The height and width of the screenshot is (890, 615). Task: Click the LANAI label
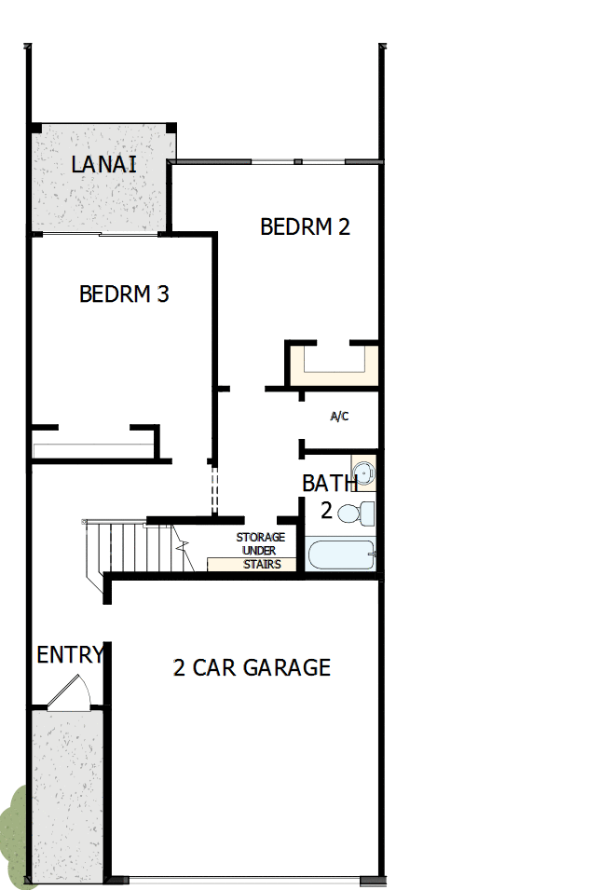click(x=104, y=165)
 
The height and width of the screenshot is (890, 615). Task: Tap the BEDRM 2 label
click(x=305, y=226)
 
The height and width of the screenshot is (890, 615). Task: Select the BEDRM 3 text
click(x=124, y=294)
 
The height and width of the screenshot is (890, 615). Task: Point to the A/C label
click(x=339, y=417)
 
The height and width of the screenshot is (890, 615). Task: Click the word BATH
click(x=329, y=484)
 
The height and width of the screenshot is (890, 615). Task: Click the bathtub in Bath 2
click(x=340, y=555)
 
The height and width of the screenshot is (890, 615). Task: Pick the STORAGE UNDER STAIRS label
click(x=260, y=551)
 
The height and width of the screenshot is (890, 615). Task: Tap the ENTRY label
click(x=69, y=655)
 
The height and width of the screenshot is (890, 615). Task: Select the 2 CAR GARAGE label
click(x=252, y=668)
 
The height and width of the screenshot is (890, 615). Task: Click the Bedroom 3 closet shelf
click(x=93, y=450)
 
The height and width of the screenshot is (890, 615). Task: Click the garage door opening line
click(x=252, y=880)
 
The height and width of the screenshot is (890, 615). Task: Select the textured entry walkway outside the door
click(x=66, y=792)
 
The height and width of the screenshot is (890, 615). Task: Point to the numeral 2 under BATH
click(x=327, y=510)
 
